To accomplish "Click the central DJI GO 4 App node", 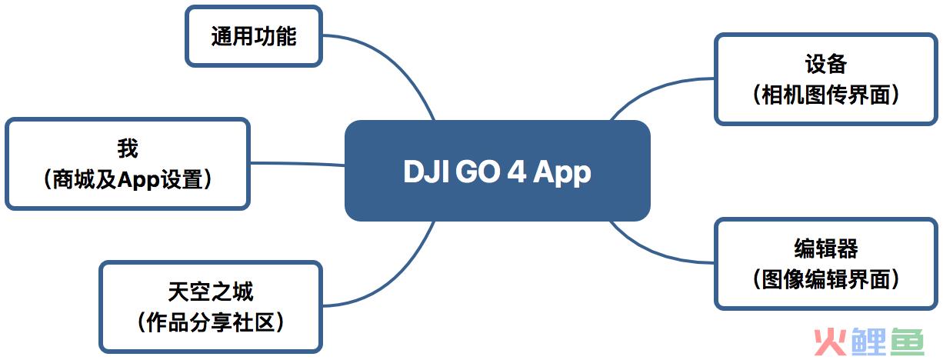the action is coord(497,171).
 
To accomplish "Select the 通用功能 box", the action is coord(254,36).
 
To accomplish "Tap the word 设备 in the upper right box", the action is coord(825,64).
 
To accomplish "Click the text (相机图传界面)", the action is coord(825,95).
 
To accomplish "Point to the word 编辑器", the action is coord(825,248).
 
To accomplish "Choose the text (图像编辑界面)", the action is coord(825,279).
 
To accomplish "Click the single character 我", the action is coord(128,148).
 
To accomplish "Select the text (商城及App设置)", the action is coord(128,179).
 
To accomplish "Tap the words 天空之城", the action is coord(211,292).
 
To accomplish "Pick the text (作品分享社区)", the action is coord(211,322).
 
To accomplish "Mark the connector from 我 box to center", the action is coord(297,163).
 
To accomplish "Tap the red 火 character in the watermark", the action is coord(830,342).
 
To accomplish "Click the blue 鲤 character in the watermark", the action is coord(869,342).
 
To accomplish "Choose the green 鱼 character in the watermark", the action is coord(907,342).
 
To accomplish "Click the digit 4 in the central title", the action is coord(517,172).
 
